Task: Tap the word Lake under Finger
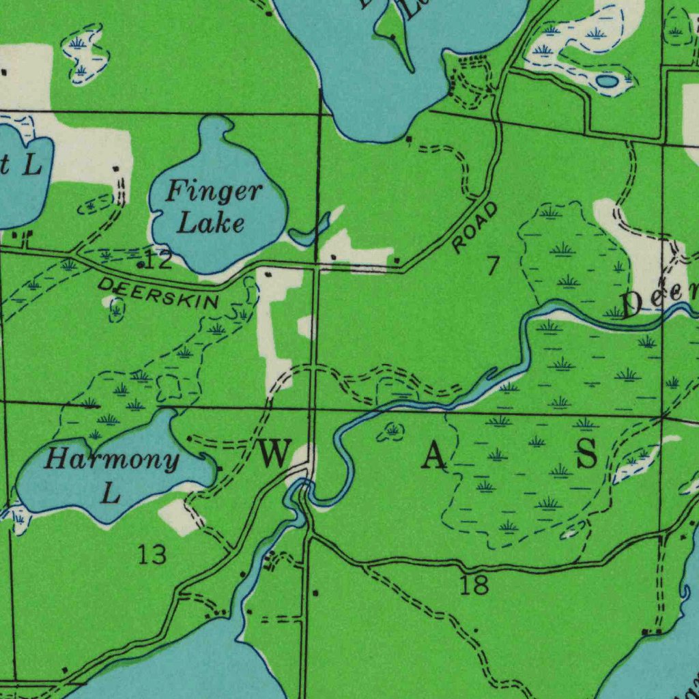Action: pos(211,223)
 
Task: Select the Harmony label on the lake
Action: pos(111,459)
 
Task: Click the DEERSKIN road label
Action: pos(159,292)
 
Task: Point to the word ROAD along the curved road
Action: pos(475,228)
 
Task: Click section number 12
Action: pos(159,261)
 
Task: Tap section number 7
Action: pos(493,267)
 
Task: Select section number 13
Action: pos(152,554)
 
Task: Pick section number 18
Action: pos(474,585)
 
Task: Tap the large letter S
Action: pos(586,453)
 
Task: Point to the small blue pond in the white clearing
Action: pos(605,81)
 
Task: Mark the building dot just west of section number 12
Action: pos(141,264)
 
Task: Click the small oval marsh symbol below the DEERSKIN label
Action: pos(117,311)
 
